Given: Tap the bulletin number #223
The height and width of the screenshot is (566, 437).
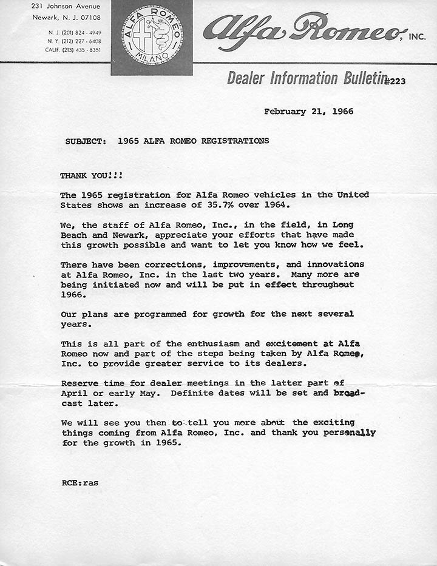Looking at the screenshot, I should (x=394, y=81).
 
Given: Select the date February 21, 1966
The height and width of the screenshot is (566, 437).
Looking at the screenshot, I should (x=308, y=112).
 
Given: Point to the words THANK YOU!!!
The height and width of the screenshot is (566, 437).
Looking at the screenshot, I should (x=91, y=175).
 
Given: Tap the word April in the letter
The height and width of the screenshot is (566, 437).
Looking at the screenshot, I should (x=74, y=393).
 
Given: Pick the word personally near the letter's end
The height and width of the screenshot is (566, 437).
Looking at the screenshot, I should (x=349, y=433).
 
